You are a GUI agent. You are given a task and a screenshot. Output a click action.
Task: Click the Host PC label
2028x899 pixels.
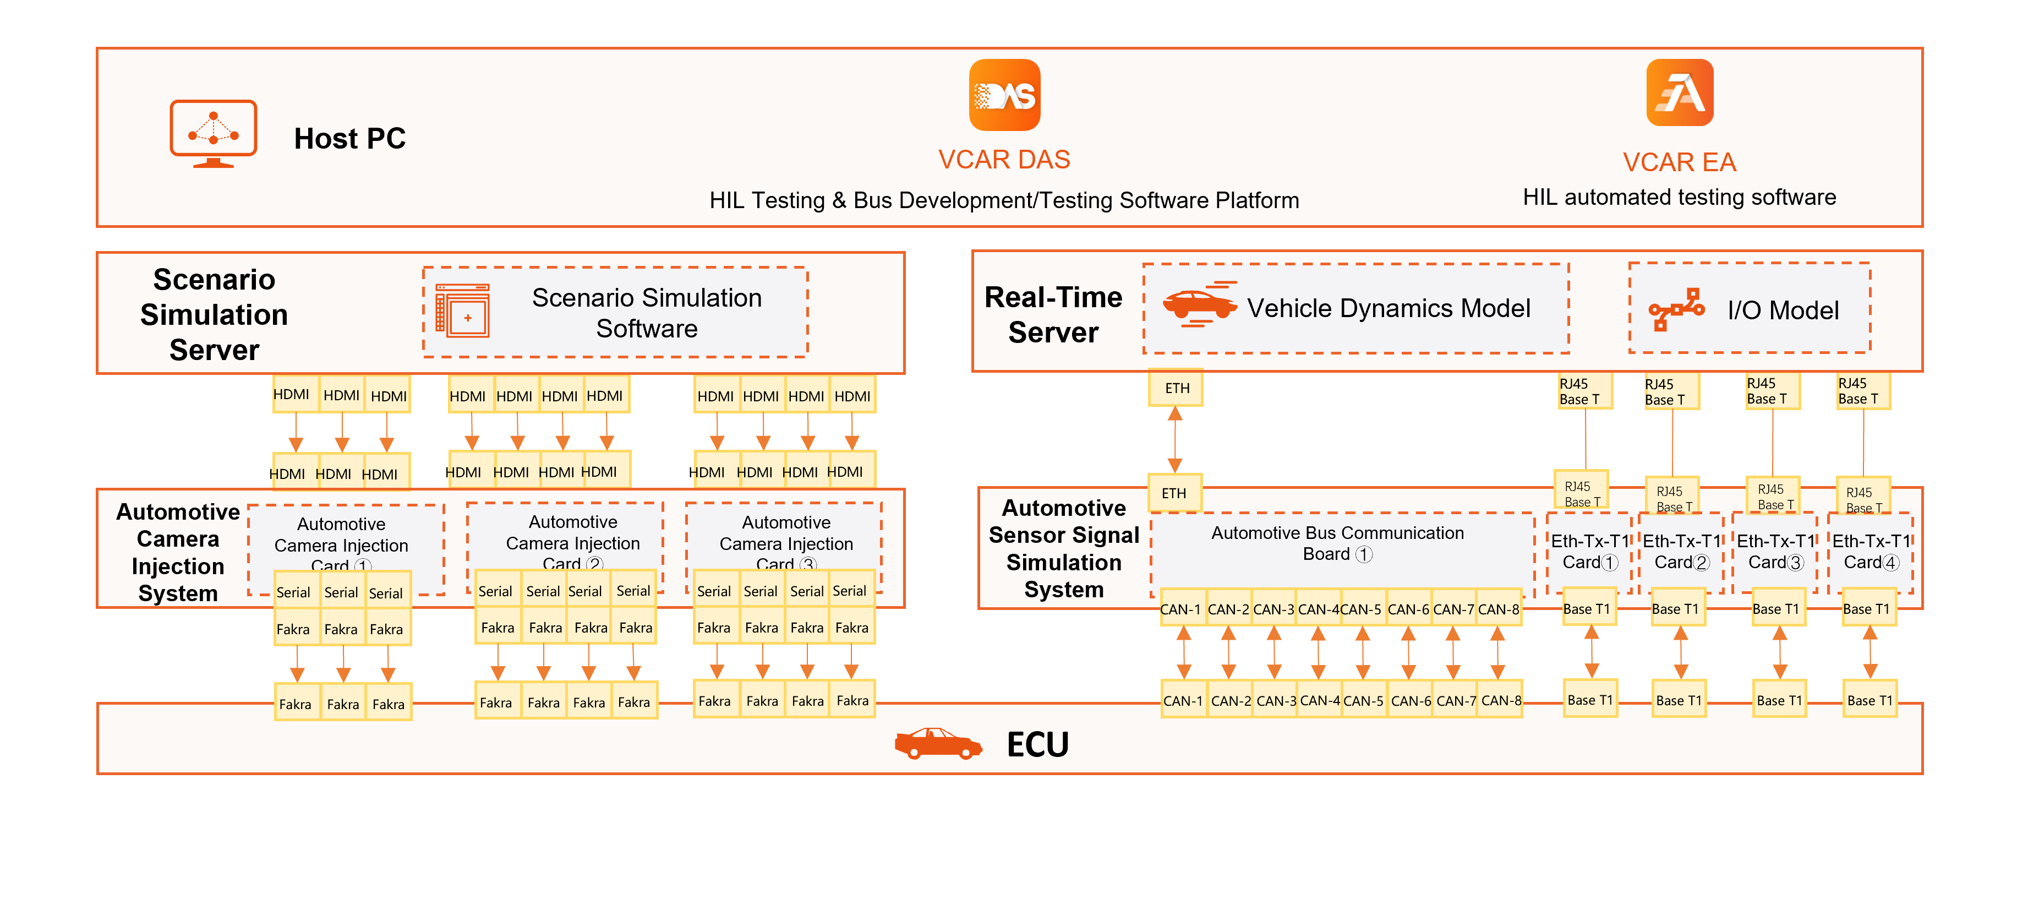[x=349, y=139]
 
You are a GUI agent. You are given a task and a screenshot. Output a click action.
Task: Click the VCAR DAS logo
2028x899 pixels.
[x=1004, y=95]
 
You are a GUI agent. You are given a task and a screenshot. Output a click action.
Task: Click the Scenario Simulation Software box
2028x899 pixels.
[x=615, y=313]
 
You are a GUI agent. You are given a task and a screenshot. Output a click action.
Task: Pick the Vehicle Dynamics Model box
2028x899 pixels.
[x=1355, y=309]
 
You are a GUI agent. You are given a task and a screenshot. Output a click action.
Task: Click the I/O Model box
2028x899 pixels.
[x=1750, y=309]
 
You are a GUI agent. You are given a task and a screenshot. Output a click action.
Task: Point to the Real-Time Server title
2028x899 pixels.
[x=1053, y=314]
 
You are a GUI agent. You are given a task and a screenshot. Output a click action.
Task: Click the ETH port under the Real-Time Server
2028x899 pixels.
[x=1176, y=388]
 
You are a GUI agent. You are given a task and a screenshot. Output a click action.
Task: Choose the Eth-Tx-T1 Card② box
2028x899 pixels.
[x=1682, y=551]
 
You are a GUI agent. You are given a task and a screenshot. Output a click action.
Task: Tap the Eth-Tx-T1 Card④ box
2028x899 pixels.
[x=1871, y=551]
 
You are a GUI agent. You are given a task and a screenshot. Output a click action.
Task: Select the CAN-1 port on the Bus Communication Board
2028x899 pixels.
[x=1181, y=609]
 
